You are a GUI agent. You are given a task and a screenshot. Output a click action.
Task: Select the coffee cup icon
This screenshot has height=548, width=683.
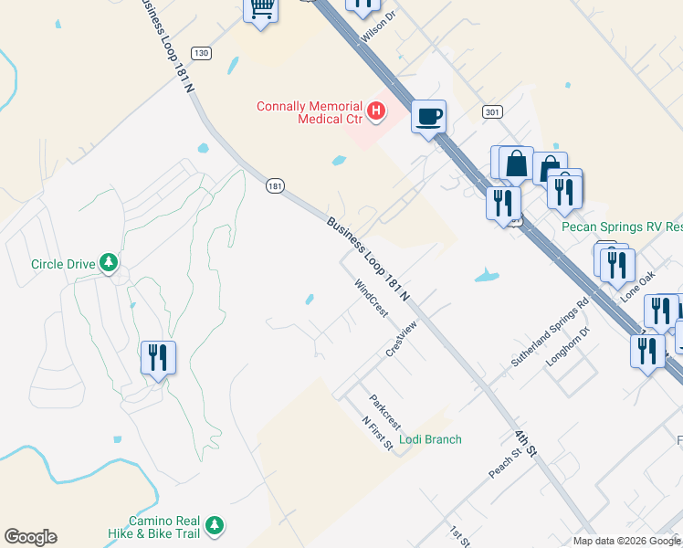pos(428,117)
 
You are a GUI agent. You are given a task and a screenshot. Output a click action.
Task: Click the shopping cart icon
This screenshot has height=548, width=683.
pos(261,9)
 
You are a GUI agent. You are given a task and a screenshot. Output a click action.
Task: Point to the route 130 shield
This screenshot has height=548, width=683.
pos(202,53)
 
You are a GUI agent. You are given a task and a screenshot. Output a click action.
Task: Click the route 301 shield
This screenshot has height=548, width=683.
pos(492,112)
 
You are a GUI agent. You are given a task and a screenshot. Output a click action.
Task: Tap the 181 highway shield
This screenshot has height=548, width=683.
pos(276,186)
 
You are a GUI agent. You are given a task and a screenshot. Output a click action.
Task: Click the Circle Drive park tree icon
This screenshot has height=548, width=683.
pos(109,263)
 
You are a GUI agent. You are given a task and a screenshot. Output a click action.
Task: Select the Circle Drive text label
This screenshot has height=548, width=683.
pos(63,264)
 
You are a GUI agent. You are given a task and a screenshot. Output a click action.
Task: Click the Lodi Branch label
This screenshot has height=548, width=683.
pos(431,439)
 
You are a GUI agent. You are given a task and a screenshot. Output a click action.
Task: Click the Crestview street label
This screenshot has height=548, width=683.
pos(401,339)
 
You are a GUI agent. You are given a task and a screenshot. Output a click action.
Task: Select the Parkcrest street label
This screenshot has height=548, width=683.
pos(384,412)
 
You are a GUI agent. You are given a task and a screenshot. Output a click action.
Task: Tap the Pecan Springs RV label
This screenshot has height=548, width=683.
pos(621,227)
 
